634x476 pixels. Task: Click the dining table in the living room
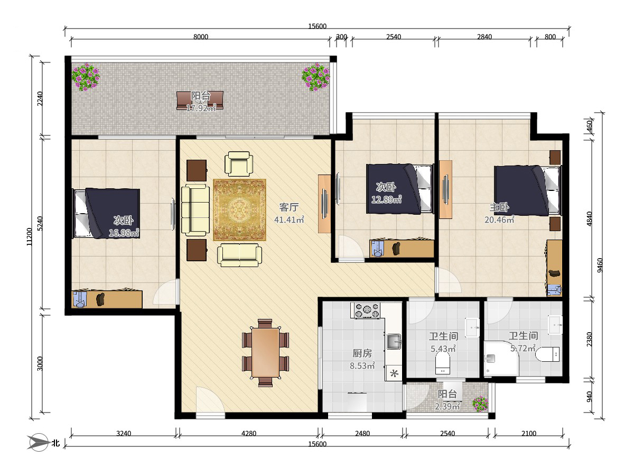pos(265,353)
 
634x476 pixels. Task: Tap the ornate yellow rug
pos(239,210)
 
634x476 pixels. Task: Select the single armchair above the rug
pos(239,164)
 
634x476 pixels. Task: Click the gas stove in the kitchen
pos(366,310)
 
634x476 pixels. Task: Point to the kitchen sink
pos(394,342)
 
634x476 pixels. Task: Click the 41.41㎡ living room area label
pos(289,219)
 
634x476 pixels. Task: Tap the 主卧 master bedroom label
pos(499,207)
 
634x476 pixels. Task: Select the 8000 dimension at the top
pos(201,36)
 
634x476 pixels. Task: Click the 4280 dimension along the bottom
pos(249,433)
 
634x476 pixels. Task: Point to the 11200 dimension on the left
pos(30,237)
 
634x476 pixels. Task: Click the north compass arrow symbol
pos(38,443)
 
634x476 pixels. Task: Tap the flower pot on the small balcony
pos(480,404)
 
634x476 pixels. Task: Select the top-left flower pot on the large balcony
pos(86,77)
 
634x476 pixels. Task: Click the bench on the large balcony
pos(200,100)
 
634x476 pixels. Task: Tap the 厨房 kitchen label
pos(362,353)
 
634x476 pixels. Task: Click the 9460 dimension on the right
pos(600,265)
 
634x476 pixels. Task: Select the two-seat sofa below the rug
pos(239,255)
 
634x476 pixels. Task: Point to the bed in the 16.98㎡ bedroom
pos(106,213)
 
